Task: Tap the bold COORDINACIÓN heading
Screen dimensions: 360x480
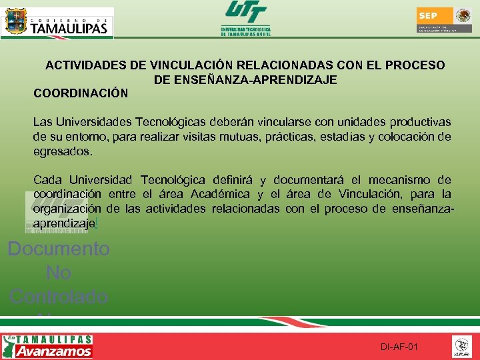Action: coord(81,93)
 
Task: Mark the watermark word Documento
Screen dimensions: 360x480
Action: coord(59,249)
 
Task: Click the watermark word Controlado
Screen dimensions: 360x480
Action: coord(59,296)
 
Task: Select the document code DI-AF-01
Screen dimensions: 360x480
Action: coord(399,347)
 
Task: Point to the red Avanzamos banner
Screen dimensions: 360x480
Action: coord(54,351)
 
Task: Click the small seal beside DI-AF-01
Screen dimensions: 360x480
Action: coord(461,346)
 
